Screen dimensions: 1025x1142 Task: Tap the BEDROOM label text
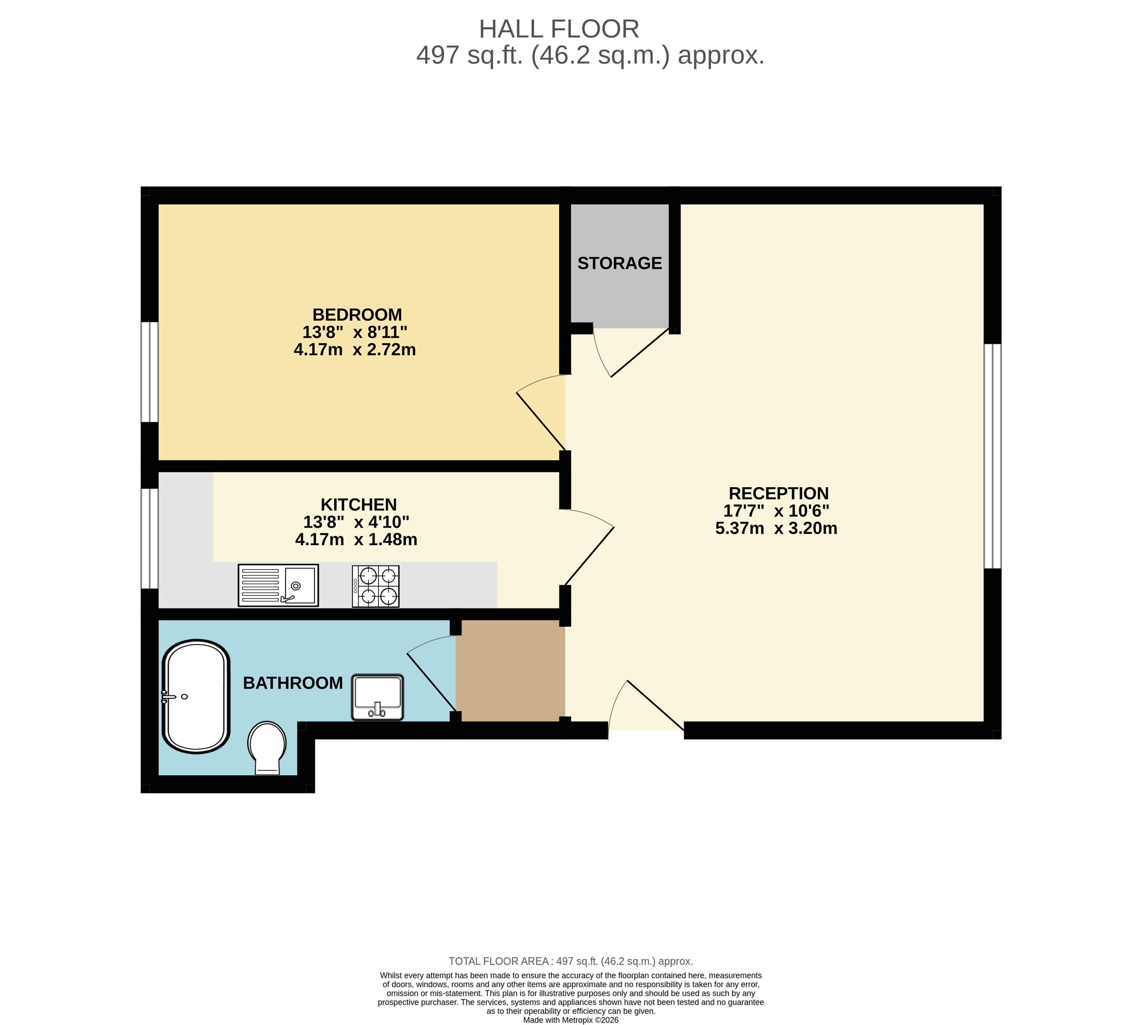point(357,314)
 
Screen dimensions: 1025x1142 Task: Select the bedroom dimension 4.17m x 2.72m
point(355,350)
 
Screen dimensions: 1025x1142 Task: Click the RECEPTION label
point(778,493)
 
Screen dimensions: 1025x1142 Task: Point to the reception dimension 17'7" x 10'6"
point(776,511)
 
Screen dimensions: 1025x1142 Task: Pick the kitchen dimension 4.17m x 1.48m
point(356,539)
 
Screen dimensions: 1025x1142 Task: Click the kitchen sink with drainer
point(278,585)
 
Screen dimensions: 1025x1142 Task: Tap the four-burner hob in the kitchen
point(375,586)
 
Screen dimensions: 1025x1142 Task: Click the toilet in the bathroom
point(267,746)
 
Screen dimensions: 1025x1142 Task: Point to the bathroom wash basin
point(377,697)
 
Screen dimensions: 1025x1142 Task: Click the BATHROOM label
point(293,683)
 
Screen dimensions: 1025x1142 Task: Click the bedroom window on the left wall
point(149,372)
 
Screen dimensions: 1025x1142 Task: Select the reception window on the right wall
point(993,456)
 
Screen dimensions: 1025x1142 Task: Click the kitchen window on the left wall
point(149,538)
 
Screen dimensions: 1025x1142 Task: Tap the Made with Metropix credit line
point(571,1020)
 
